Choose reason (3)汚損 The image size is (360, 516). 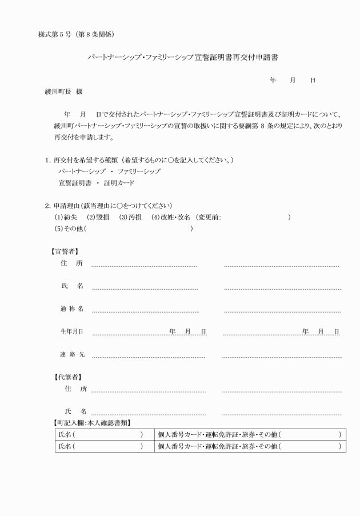(x=130, y=217)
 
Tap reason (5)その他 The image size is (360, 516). (x=69, y=229)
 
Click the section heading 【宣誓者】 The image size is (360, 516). (x=66, y=251)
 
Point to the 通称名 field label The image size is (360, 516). (x=72, y=309)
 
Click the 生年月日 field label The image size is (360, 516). (x=72, y=331)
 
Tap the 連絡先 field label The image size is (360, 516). (x=72, y=354)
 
